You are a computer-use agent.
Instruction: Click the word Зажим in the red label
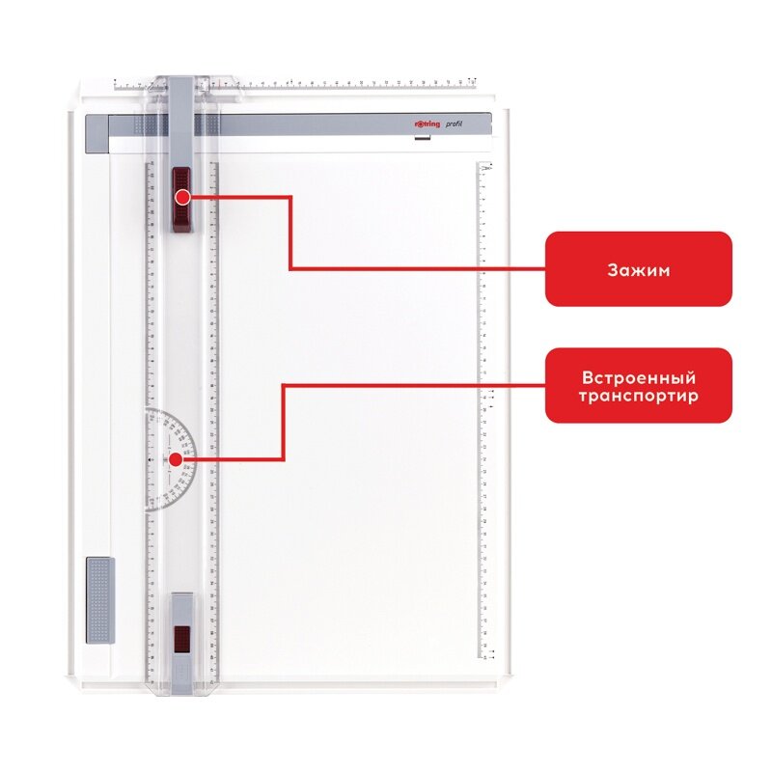pos(638,269)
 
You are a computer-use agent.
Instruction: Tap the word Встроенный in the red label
pos(638,377)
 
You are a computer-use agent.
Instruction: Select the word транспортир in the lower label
pos(638,396)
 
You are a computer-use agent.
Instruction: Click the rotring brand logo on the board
pos(418,124)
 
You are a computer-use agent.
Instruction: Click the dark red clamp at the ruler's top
pos(181,200)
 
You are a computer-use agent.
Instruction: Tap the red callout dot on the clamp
pos(182,197)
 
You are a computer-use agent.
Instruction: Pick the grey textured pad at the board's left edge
pos(98,599)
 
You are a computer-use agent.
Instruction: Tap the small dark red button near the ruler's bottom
pos(181,638)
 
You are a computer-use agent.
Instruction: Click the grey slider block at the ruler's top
pos(181,116)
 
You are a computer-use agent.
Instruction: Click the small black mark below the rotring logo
pos(420,141)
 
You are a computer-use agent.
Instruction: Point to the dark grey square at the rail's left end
pos(97,126)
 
